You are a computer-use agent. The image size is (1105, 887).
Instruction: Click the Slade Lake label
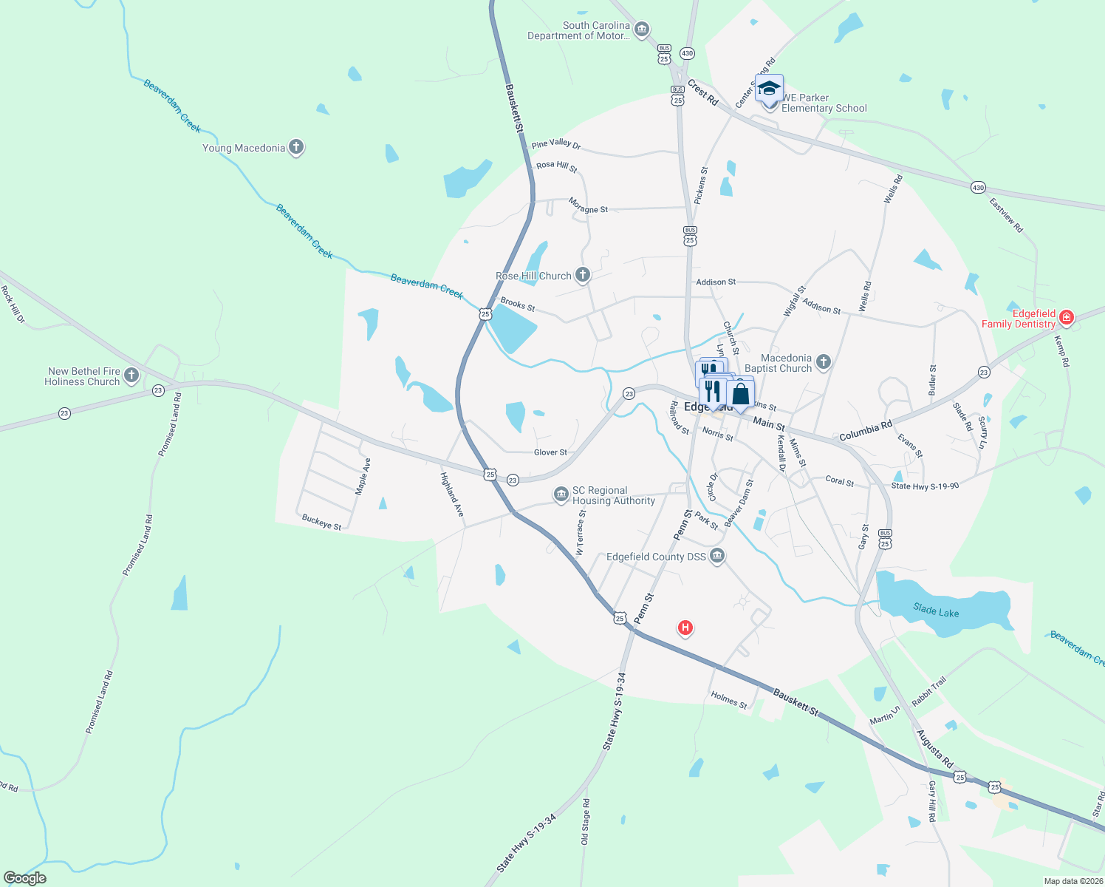[936, 611]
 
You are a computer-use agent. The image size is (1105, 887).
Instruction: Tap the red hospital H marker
[685, 628]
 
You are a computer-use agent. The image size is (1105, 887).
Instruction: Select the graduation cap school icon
[769, 89]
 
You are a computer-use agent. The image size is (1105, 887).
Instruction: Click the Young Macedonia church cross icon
[296, 147]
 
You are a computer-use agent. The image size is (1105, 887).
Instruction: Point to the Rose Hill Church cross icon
[583, 276]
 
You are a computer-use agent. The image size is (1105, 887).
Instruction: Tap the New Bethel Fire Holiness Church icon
[131, 375]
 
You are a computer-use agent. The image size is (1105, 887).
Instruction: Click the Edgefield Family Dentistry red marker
[1065, 318]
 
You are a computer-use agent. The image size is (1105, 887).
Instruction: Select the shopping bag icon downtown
[740, 394]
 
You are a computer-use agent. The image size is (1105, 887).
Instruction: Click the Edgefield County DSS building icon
[716, 556]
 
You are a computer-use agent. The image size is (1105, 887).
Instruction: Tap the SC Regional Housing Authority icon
[561, 493]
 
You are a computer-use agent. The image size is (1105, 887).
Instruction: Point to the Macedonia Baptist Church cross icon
[824, 362]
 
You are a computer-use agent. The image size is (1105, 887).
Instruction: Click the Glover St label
[550, 452]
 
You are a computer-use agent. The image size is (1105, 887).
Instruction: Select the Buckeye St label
[322, 522]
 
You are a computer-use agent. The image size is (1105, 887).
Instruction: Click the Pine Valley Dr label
[556, 144]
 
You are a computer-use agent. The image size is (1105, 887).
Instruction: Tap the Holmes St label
[729, 700]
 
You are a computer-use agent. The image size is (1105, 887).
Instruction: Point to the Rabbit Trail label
[928, 692]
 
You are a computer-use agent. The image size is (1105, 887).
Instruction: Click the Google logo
[25, 878]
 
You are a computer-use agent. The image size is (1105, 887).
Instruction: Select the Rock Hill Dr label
[13, 305]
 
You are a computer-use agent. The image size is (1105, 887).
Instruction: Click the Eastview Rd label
[1006, 215]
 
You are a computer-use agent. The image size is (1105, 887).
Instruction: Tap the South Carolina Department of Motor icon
[641, 30]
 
